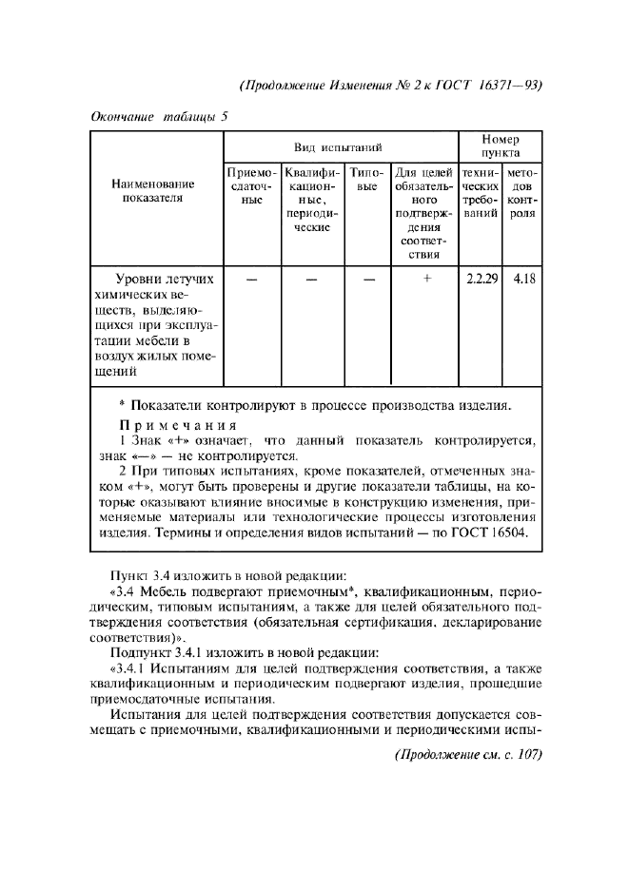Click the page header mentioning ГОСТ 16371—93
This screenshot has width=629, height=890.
click(x=391, y=84)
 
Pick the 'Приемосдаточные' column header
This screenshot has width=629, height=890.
click(x=251, y=194)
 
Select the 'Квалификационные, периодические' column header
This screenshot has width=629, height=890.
click(x=312, y=201)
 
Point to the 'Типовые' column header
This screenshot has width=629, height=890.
click(x=366, y=181)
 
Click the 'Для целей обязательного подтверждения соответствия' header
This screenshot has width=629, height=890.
click(x=423, y=214)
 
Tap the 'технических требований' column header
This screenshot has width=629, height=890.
click(x=480, y=194)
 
